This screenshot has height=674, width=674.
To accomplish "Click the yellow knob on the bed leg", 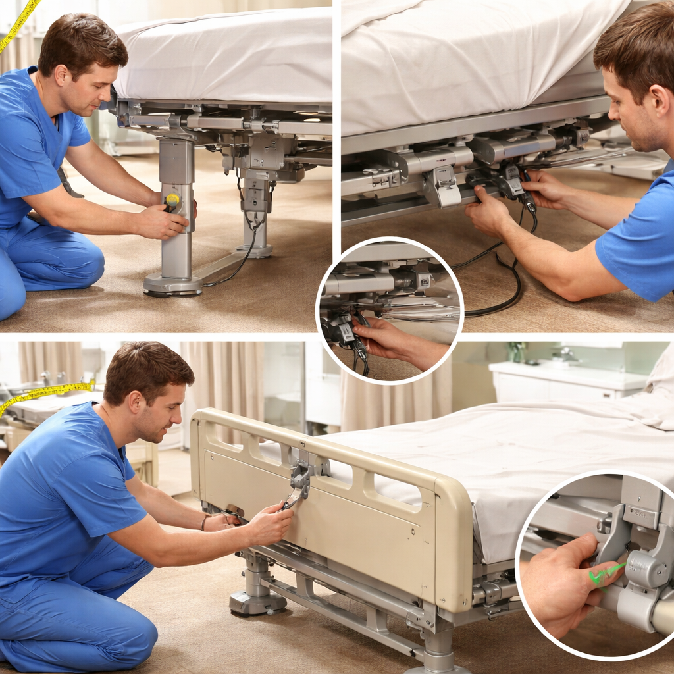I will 172,199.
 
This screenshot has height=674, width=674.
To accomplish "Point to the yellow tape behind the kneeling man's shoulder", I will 46,392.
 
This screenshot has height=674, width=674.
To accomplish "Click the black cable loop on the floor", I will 500,290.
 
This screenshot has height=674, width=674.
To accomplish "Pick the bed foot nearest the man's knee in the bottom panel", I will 257,599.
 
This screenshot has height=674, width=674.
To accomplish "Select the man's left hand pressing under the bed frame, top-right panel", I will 490,211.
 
